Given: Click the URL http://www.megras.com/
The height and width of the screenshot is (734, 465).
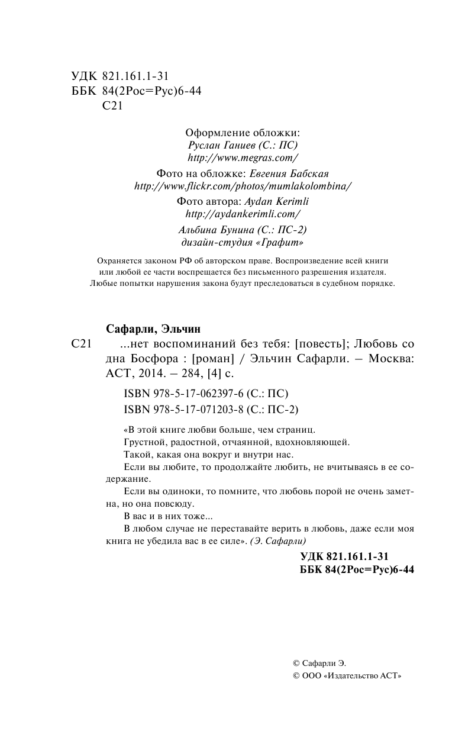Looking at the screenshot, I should pyautogui.click(x=242, y=158).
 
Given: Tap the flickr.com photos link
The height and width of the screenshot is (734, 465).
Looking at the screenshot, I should pyautogui.click(x=243, y=186).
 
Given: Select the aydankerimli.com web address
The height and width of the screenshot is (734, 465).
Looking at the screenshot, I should pyautogui.click(x=243, y=214).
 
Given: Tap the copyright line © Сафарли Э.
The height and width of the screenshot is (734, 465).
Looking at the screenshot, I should pyautogui.click(x=324, y=664).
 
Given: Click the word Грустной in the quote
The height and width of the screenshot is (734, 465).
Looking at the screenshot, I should pyautogui.click(x=141, y=442).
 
